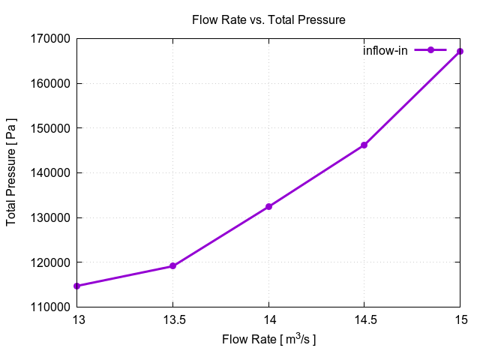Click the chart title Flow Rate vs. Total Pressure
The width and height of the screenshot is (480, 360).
tap(268, 20)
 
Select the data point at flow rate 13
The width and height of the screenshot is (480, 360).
tap(77, 286)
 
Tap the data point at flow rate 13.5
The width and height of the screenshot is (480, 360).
tap(173, 265)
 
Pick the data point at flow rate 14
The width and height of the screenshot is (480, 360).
tap(268, 206)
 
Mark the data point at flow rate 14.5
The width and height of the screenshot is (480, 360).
tap(364, 145)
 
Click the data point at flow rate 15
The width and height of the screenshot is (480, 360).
tap(460, 51)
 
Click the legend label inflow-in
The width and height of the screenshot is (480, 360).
tap(385, 51)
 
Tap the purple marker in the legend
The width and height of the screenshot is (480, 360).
tap(430, 50)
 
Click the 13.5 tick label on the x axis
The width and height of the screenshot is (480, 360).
tap(173, 319)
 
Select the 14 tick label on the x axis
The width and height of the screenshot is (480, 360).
tap(268, 319)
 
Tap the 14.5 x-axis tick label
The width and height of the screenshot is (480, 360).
tap(364, 319)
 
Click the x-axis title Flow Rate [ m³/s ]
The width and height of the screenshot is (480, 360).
tap(268, 340)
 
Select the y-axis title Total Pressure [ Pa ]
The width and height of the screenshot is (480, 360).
tap(12, 172)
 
